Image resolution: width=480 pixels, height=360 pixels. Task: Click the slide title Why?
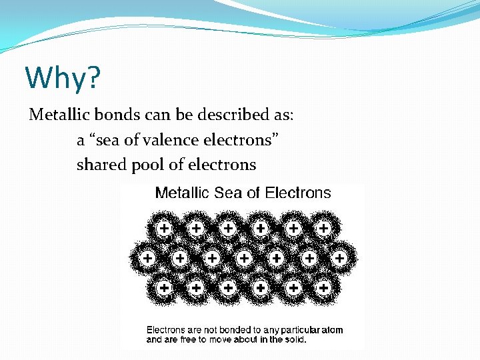[x=63, y=78]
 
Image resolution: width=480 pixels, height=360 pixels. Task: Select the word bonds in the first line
[x=109, y=115]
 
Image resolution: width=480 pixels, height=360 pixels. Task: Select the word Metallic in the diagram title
[x=182, y=193]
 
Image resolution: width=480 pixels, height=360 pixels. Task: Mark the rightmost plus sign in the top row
[x=324, y=229]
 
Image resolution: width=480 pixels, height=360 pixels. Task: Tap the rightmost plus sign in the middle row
[x=339, y=257]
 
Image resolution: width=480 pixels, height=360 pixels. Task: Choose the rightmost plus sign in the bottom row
[x=324, y=287]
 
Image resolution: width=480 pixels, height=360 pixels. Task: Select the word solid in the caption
[x=293, y=339]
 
